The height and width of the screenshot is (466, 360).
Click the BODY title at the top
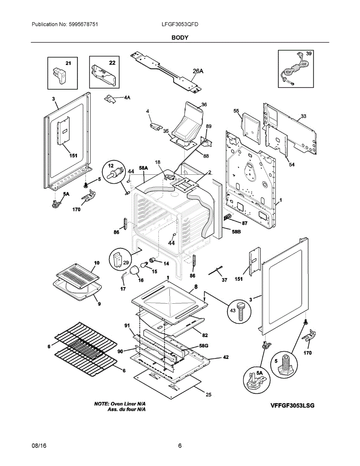[180, 38]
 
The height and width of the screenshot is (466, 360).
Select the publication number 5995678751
[83, 24]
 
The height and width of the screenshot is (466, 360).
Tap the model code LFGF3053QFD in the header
[180, 24]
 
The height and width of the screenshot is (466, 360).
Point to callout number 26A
[198, 71]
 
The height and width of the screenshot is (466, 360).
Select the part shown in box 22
[103, 75]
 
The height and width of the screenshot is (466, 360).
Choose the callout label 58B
[236, 231]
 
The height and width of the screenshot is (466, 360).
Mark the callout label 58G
[203, 346]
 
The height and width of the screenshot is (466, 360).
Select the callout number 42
[226, 357]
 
